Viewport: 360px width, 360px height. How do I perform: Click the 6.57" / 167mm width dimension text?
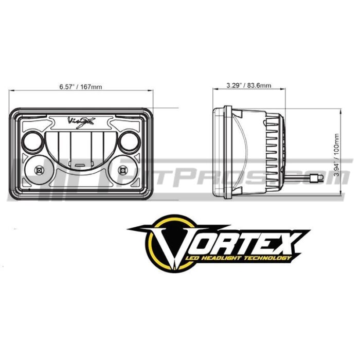(x=80, y=86)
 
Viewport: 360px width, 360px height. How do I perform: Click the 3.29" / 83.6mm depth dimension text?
(x=249, y=85)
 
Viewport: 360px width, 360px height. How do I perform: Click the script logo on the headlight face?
(x=81, y=121)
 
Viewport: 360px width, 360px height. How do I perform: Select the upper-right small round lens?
(x=127, y=139)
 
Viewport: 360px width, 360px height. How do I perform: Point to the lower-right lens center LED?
(x=122, y=170)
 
